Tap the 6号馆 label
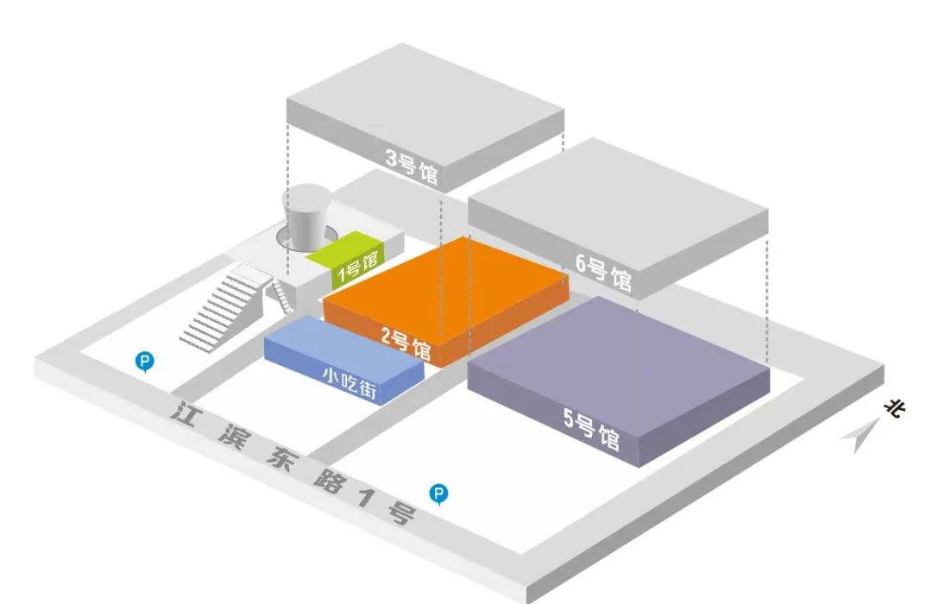coord(604,273)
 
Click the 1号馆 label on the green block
coord(356,268)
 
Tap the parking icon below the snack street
coord(439,494)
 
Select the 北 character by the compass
coord(893,408)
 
